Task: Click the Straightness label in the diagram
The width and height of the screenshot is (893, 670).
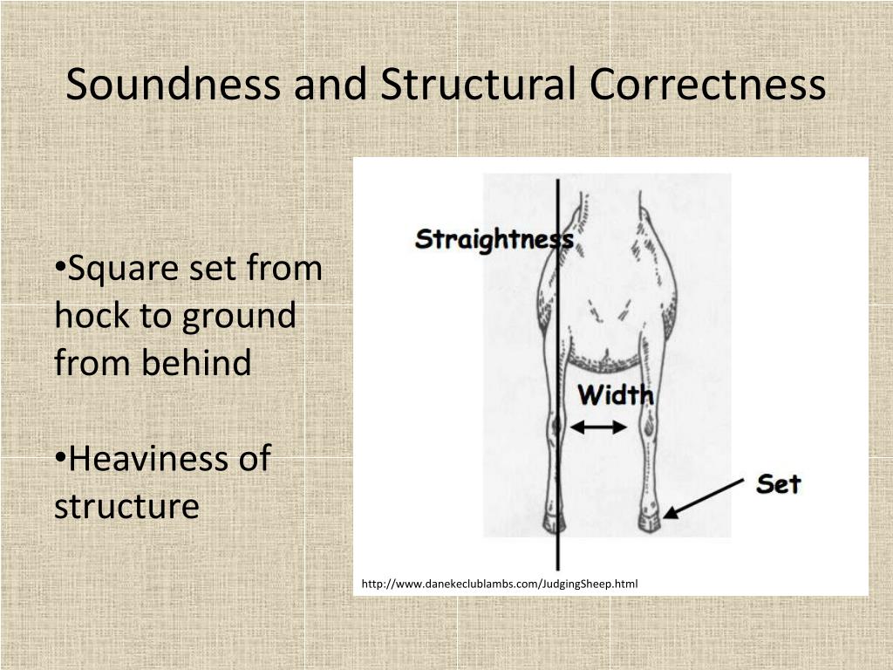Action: click(494, 239)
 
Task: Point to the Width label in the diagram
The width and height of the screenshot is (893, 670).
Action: click(616, 395)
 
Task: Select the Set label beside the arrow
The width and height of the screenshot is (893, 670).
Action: click(778, 483)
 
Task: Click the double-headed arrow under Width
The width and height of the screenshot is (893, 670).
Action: click(598, 427)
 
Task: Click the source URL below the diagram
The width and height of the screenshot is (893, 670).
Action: click(500, 583)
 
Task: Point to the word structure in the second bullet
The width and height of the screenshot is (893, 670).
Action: click(126, 505)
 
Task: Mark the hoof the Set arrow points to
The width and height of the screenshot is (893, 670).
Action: click(650, 522)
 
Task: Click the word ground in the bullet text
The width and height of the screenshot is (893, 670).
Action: click(239, 315)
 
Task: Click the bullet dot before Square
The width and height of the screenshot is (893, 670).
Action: click(60, 267)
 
